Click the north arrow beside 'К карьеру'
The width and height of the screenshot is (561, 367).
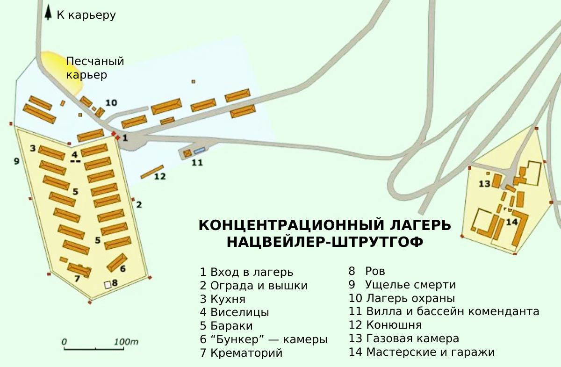tap(48, 13)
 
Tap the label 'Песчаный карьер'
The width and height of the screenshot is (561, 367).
tap(95, 68)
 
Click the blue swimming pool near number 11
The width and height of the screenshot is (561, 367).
tap(200, 151)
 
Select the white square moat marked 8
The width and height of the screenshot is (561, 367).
tap(108, 284)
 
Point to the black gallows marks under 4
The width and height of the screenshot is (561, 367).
tap(75, 161)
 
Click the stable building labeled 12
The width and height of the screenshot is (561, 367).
tap(152, 172)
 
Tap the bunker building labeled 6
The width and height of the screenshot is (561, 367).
tap(117, 262)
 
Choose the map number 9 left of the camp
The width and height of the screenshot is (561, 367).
tap(16, 161)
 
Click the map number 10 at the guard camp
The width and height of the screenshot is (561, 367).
tap(111, 102)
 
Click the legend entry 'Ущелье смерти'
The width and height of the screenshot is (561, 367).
tap(402, 285)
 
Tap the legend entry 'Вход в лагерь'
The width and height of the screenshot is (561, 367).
tap(246, 272)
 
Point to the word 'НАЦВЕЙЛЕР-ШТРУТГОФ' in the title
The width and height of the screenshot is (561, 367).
tap(325, 242)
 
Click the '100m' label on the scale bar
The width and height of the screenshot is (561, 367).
tap(126, 342)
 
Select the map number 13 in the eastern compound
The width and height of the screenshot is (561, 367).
tap(484, 184)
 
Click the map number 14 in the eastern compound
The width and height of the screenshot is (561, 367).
tap(512, 222)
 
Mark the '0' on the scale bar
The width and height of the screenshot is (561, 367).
tap(65, 342)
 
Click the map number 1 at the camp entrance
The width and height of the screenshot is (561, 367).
tap(125, 138)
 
